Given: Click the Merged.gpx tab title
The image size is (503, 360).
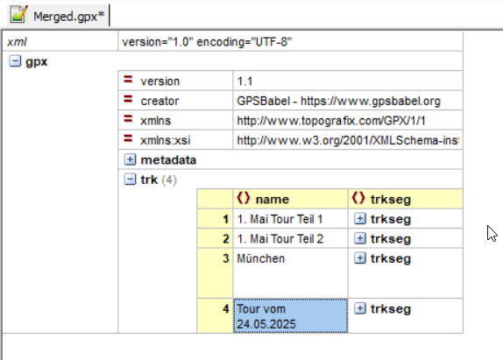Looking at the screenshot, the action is pyautogui.click(x=69, y=17).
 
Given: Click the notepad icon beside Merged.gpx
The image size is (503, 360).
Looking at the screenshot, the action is pyautogui.click(x=18, y=14).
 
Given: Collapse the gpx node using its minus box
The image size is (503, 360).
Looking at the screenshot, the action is pyautogui.click(x=15, y=61).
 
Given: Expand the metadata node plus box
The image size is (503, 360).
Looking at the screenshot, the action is pyautogui.click(x=130, y=159).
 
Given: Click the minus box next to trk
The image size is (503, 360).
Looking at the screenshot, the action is pyautogui.click(x=130, y=180).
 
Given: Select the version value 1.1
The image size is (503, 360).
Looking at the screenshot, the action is pyautogui.click(x=244, y=81).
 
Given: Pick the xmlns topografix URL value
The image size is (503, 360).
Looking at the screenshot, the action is pyautogui.click(x=331, y=121).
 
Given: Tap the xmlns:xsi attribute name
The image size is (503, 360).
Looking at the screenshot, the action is pyautogui.click(x=166, y=140).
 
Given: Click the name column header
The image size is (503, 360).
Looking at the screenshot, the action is pyautogui.click(x=272, y=200).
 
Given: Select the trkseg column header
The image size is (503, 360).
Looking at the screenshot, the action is pyautogui.click(x=391, y=200).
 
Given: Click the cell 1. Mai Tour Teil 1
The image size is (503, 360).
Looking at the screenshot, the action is pyautogui.click(x=280, y=219).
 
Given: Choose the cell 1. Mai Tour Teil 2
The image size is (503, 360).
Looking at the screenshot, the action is pyautogui.click(x=280, y=239).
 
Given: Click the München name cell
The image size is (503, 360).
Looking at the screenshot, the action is pyautogui.click(x=261, y=258).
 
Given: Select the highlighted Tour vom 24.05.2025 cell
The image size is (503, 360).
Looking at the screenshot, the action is pyautogui.click(x=291, y=315).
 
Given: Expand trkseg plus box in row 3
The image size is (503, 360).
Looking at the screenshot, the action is pyautogui.click(x=360, y=258).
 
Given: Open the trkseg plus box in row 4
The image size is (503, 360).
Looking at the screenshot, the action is pyautogui.click(x=360, y=308).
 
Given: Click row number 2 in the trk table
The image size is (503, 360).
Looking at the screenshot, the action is pyautogui.click(x=226, y=239).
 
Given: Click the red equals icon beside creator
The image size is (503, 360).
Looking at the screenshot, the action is pyautogui.click(x=128, y=99).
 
